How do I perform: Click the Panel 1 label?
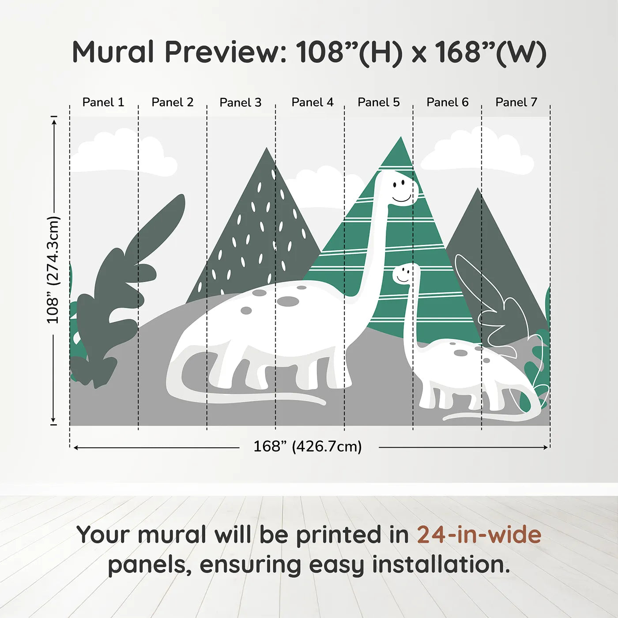[x=103, y=102]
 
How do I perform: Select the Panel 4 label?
[x=313, y=102]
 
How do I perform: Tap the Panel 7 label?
[x=516, y=102]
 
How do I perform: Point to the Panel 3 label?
[x=241, y=103]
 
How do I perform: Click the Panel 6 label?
[x=447, y=102]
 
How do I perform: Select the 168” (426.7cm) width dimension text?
[x=307, y=447]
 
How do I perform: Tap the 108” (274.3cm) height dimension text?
[x=53, y=270]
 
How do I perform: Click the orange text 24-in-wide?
[x=479, y=535]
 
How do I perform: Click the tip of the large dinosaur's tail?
[x=322, y=402]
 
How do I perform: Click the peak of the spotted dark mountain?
[x=266, y=150]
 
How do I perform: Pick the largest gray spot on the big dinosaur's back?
[x=288, y=301]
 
